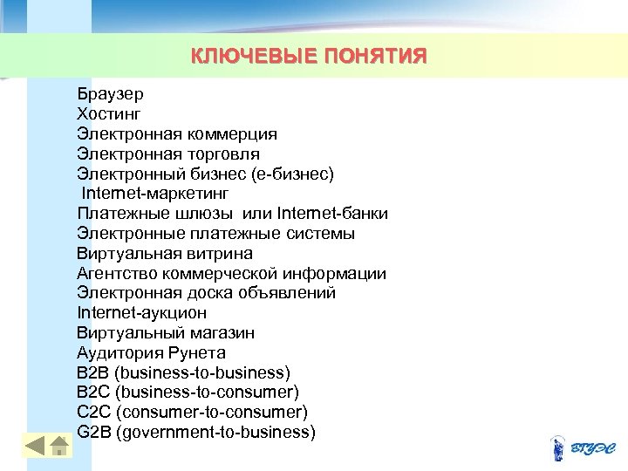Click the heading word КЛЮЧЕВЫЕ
[243, 58]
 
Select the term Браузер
[110, 94]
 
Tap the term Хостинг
[108, 114]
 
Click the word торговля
[222, 154]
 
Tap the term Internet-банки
[332, 214]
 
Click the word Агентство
[114, 274]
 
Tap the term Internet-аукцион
[142, 313]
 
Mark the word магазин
[222, 333]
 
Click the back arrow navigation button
[33, 447]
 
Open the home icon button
[59, 447]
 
